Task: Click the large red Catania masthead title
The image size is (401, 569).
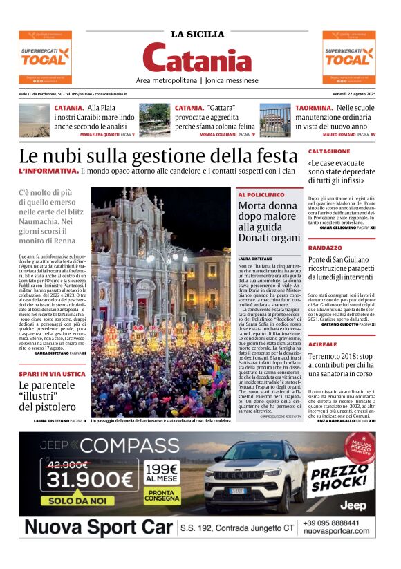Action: [198, 58]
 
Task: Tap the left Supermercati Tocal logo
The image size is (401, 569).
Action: [44, 57]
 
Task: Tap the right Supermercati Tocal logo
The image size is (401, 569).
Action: [349, 57]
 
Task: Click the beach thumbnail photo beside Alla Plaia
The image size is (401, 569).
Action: [34, 120]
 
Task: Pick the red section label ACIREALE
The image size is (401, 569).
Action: [323, 324]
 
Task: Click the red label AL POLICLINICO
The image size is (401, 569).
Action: [261, 195]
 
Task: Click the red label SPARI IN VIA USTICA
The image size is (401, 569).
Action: [53, 373]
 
